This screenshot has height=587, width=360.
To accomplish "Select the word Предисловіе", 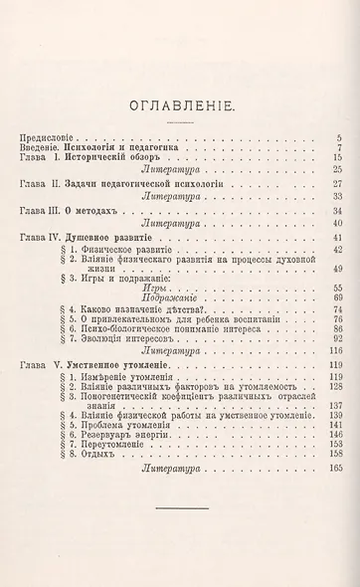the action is coord(49,136).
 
